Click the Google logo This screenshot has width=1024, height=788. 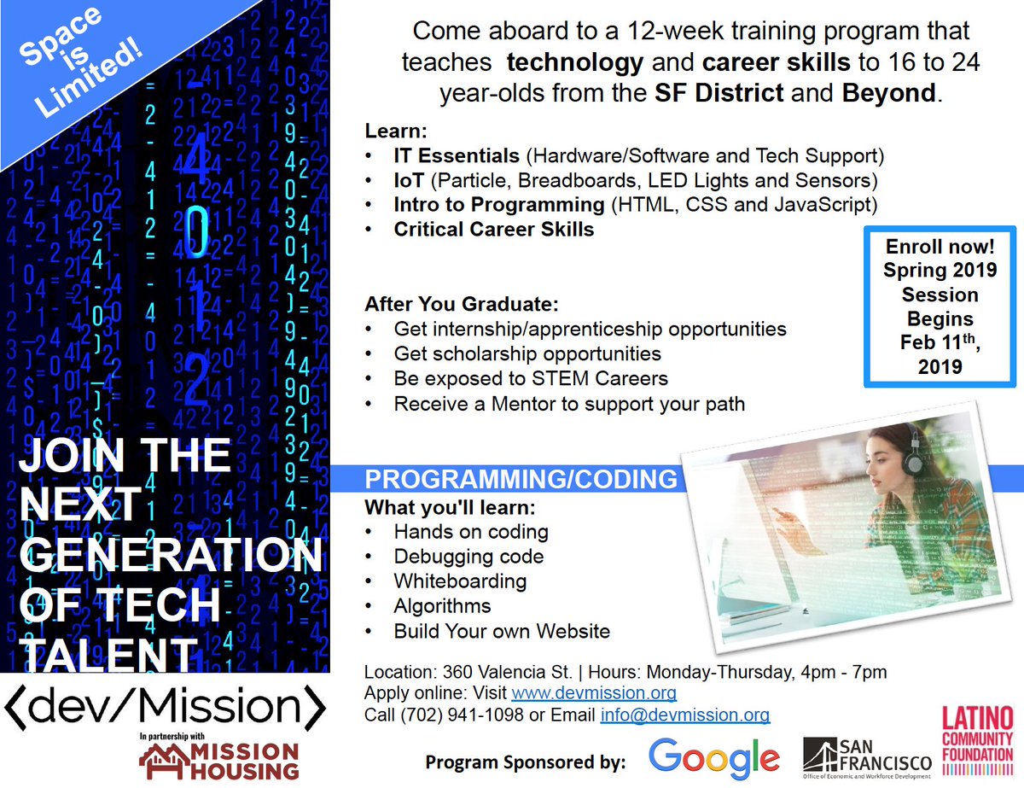(713, 757)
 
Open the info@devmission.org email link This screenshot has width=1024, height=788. (684, 715)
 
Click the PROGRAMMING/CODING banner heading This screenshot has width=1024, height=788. (521, 479)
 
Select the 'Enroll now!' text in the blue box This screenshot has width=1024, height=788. (940, 247)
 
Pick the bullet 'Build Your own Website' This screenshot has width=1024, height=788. (502, 632)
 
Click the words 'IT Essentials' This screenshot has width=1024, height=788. (456, 156)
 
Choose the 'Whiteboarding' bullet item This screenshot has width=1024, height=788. (460, 581)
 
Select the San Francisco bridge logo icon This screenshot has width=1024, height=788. (822, 754)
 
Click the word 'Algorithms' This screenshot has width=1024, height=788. (442, 606)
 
